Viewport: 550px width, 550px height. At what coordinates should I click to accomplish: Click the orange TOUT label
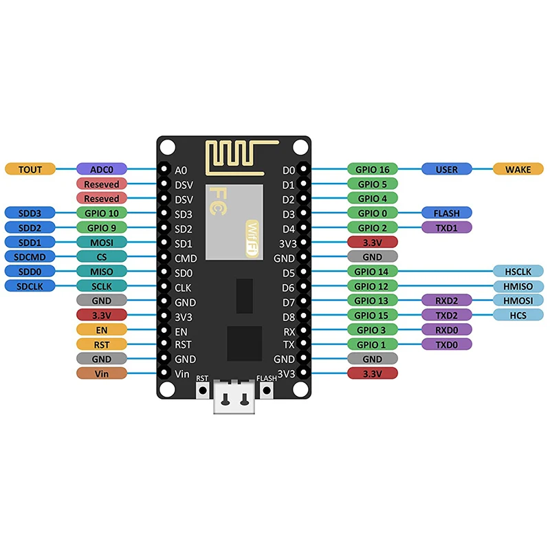[30, 169]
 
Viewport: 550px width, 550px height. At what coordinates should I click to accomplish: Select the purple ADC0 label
[101, 169]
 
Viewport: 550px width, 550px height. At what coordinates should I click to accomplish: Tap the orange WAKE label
[518, 169]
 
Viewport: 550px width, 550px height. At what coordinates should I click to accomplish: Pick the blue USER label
[446, 169]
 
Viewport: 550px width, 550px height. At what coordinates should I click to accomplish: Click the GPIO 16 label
[372, 169]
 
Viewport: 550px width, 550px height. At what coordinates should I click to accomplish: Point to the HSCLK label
[518, 272]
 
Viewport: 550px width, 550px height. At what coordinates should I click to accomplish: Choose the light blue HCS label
[518, 315]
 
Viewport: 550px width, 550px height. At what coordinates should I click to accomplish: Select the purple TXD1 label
[446, 228]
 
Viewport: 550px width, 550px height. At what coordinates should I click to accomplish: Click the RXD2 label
[446, 300]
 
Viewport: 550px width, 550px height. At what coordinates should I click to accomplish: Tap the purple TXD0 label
[446, 344]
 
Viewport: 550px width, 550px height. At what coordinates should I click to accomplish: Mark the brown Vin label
[101, 373]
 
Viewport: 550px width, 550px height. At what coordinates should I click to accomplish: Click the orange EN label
[101, 330]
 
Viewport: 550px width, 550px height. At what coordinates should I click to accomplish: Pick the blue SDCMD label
[30, 256]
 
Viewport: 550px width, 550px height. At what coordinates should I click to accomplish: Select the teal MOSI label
[101, 242]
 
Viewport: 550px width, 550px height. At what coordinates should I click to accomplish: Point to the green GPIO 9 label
[101, 228]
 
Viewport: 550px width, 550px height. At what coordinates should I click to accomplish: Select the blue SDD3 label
[30, 213]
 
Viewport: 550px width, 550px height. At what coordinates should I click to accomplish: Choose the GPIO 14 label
[372, 272]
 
